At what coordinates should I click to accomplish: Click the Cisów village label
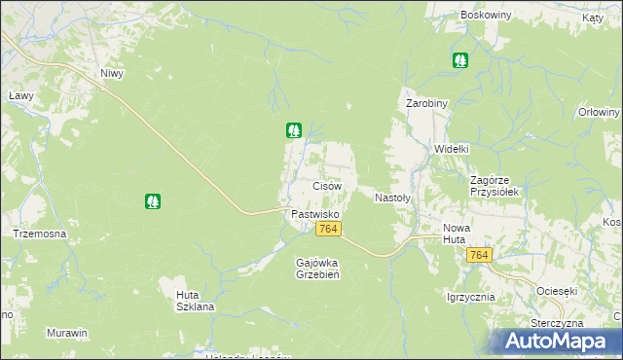coord(326,185)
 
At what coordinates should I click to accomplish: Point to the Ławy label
coord(21,96)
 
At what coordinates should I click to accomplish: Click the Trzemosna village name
coord(39,234)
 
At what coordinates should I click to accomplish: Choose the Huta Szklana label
coord(195,300)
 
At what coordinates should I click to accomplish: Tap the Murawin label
coord(67,333)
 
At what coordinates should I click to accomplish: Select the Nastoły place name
coord(393,197)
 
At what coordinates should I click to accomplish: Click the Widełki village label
coord(452,149)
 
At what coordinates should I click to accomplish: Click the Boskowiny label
coord(488,18)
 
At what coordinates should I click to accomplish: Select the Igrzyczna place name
coord(471,297)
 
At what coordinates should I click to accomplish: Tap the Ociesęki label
coord(558,290)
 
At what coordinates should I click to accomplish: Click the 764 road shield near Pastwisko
coord(328,229)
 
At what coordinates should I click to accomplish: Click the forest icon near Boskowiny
coord(459,60)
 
